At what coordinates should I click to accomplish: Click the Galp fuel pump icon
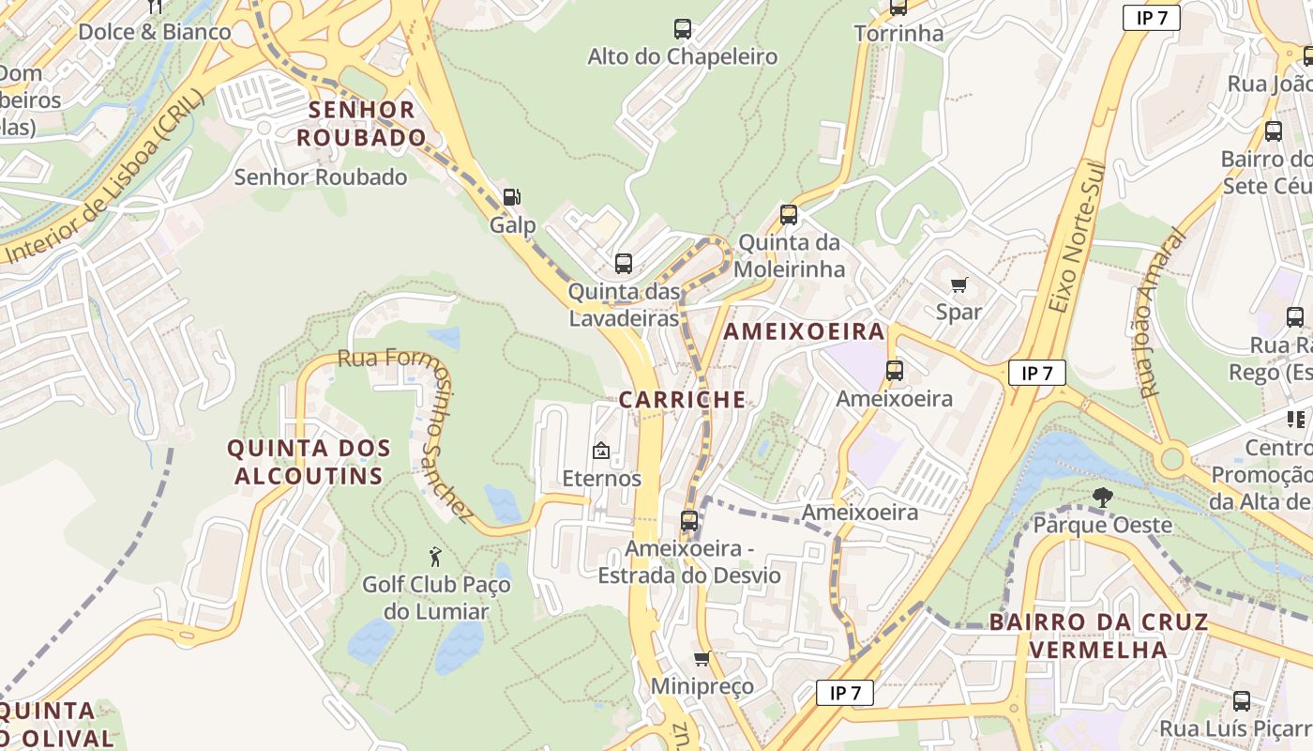pos(512,197)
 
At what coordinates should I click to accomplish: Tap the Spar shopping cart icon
pos(958,284)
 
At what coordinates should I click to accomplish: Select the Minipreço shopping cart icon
pos(702,659)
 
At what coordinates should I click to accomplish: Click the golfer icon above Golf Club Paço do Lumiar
pos(435,557)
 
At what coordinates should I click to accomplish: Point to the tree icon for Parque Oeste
pos(1103,497)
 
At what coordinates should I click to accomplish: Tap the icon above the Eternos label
pos(601,452)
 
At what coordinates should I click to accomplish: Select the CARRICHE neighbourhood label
pos(682,400)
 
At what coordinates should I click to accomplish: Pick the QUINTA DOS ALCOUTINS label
pos(309,462)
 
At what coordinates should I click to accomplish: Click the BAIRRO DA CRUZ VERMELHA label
pos(1098,636)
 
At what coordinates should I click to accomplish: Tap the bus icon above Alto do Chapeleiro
pos(682,29)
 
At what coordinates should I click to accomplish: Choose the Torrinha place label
pos(898,34)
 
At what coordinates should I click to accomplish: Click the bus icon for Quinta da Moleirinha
pos(789,215)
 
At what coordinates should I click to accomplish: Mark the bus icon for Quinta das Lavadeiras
pos(624,264)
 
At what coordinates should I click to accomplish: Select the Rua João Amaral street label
pos(1160,314)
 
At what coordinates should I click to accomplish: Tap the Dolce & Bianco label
pos(154,32)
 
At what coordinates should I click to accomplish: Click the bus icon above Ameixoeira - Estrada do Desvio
pos(689,520)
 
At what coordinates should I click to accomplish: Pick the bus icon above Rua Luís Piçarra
pos(1242,700)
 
